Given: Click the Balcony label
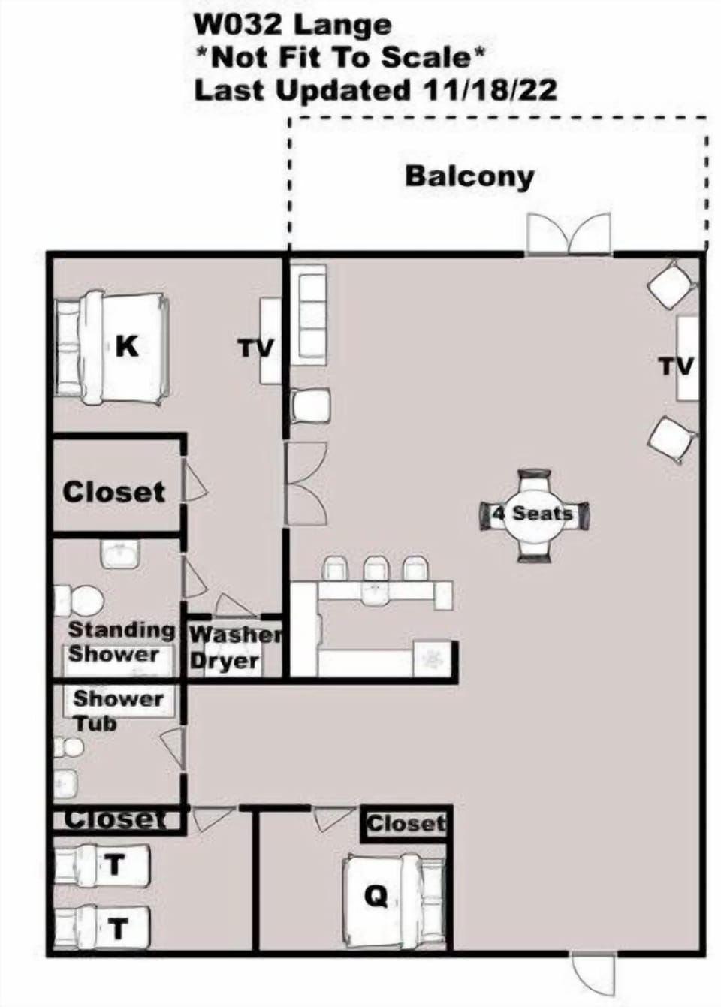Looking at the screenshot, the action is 469,176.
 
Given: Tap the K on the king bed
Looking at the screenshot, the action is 127,347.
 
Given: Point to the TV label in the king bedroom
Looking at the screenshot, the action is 257,348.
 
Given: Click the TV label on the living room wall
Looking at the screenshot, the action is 677,366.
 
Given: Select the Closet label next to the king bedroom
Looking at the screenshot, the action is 114,493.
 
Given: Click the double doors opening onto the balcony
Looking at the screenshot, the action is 569,234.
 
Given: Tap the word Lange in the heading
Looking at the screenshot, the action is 342,26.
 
